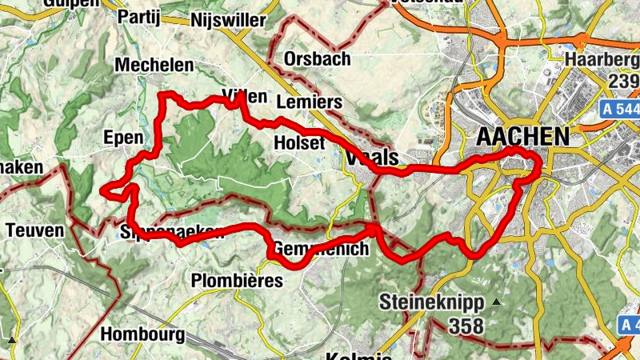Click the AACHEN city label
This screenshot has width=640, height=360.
pyautogui.click(x=522, y=137)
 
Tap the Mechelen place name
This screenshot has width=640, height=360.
pyautogui.click(x=154, y=65)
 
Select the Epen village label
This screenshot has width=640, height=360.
pyautogui.click(x=123, y=138)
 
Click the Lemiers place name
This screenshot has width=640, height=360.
pyautogui.click(x=308, y=102)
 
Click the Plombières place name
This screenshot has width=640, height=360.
pyautogui.click(x=238, y=281)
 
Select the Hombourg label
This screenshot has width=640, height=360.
pyautogui.click(x=143, y=334)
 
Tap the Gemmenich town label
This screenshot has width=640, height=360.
pyautogui.click(x=321, y=250)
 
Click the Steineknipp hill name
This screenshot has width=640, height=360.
pyautogui.click(x=432, y=303)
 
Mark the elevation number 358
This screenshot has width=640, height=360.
pyautogui.click(x=467, y=326)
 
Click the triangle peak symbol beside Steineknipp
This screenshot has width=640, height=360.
pyautogui.click(x=497, y=302)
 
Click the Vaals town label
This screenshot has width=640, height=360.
pyautogui.click(x=375, y=159)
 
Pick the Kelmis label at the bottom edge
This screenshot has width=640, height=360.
pyautogui.click(x=358, y=354)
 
